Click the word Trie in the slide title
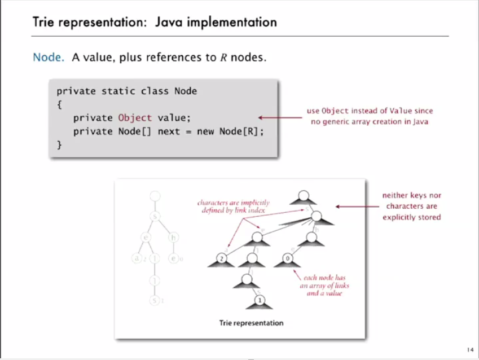coord(43,23)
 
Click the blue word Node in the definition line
coord(46,58)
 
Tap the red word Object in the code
coord(135,118)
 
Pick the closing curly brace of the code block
coord(59,145)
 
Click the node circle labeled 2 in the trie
coord(222,259)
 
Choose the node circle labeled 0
coord(287,259)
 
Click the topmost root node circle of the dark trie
coord(302,196)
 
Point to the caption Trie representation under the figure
coord(251,323)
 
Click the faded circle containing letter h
coord(174,238)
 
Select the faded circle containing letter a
coord(136,259)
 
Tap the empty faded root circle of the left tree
coord(155,196)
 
